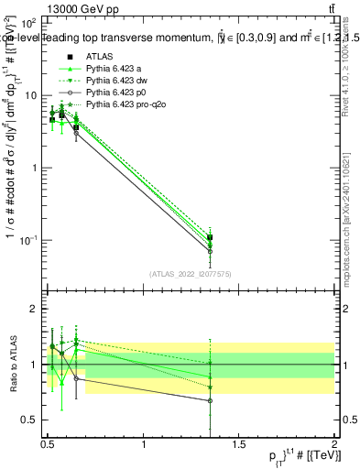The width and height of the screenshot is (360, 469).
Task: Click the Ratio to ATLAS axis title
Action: (11, 365)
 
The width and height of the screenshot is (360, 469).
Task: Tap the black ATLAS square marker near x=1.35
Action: (211, 238)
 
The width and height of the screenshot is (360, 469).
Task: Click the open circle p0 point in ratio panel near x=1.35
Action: (211, 400)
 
